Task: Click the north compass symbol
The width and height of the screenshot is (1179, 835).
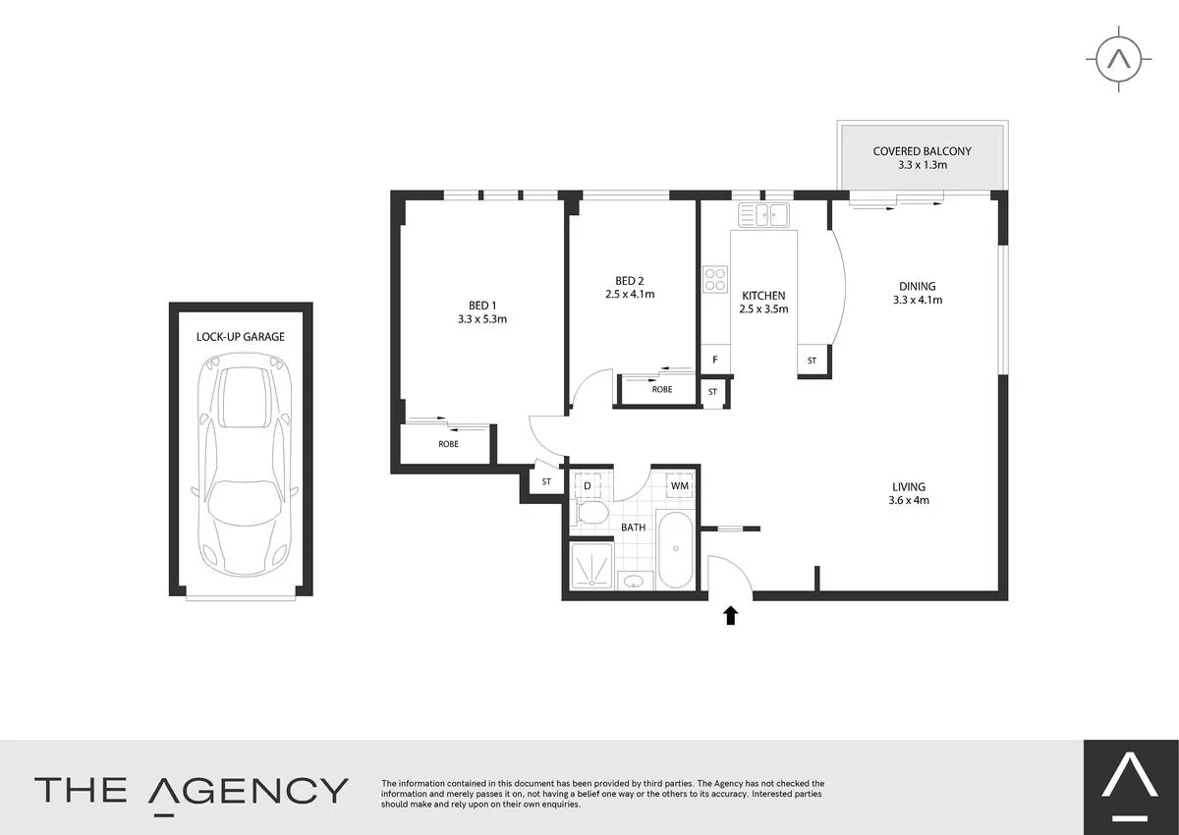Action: coord(1118,59)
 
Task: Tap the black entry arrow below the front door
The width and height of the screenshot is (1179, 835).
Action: coord(730,616)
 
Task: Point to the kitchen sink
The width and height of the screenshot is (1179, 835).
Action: coord(764,214)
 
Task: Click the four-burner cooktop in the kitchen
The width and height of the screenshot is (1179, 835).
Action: coord(714,280)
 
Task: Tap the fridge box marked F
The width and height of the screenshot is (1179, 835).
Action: coord(714,360)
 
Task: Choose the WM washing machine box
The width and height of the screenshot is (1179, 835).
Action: coord(680,486)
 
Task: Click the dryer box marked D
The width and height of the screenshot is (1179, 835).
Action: coord(588,486)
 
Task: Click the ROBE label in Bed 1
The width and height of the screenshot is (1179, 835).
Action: coord(448,444)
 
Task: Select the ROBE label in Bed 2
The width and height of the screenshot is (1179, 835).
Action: coord(662,389)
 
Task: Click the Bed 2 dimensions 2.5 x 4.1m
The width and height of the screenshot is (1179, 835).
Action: coord(629,294)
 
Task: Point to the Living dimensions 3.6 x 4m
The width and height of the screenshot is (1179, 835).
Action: coord(909,500)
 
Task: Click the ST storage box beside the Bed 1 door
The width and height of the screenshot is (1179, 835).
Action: coord(546,482)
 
